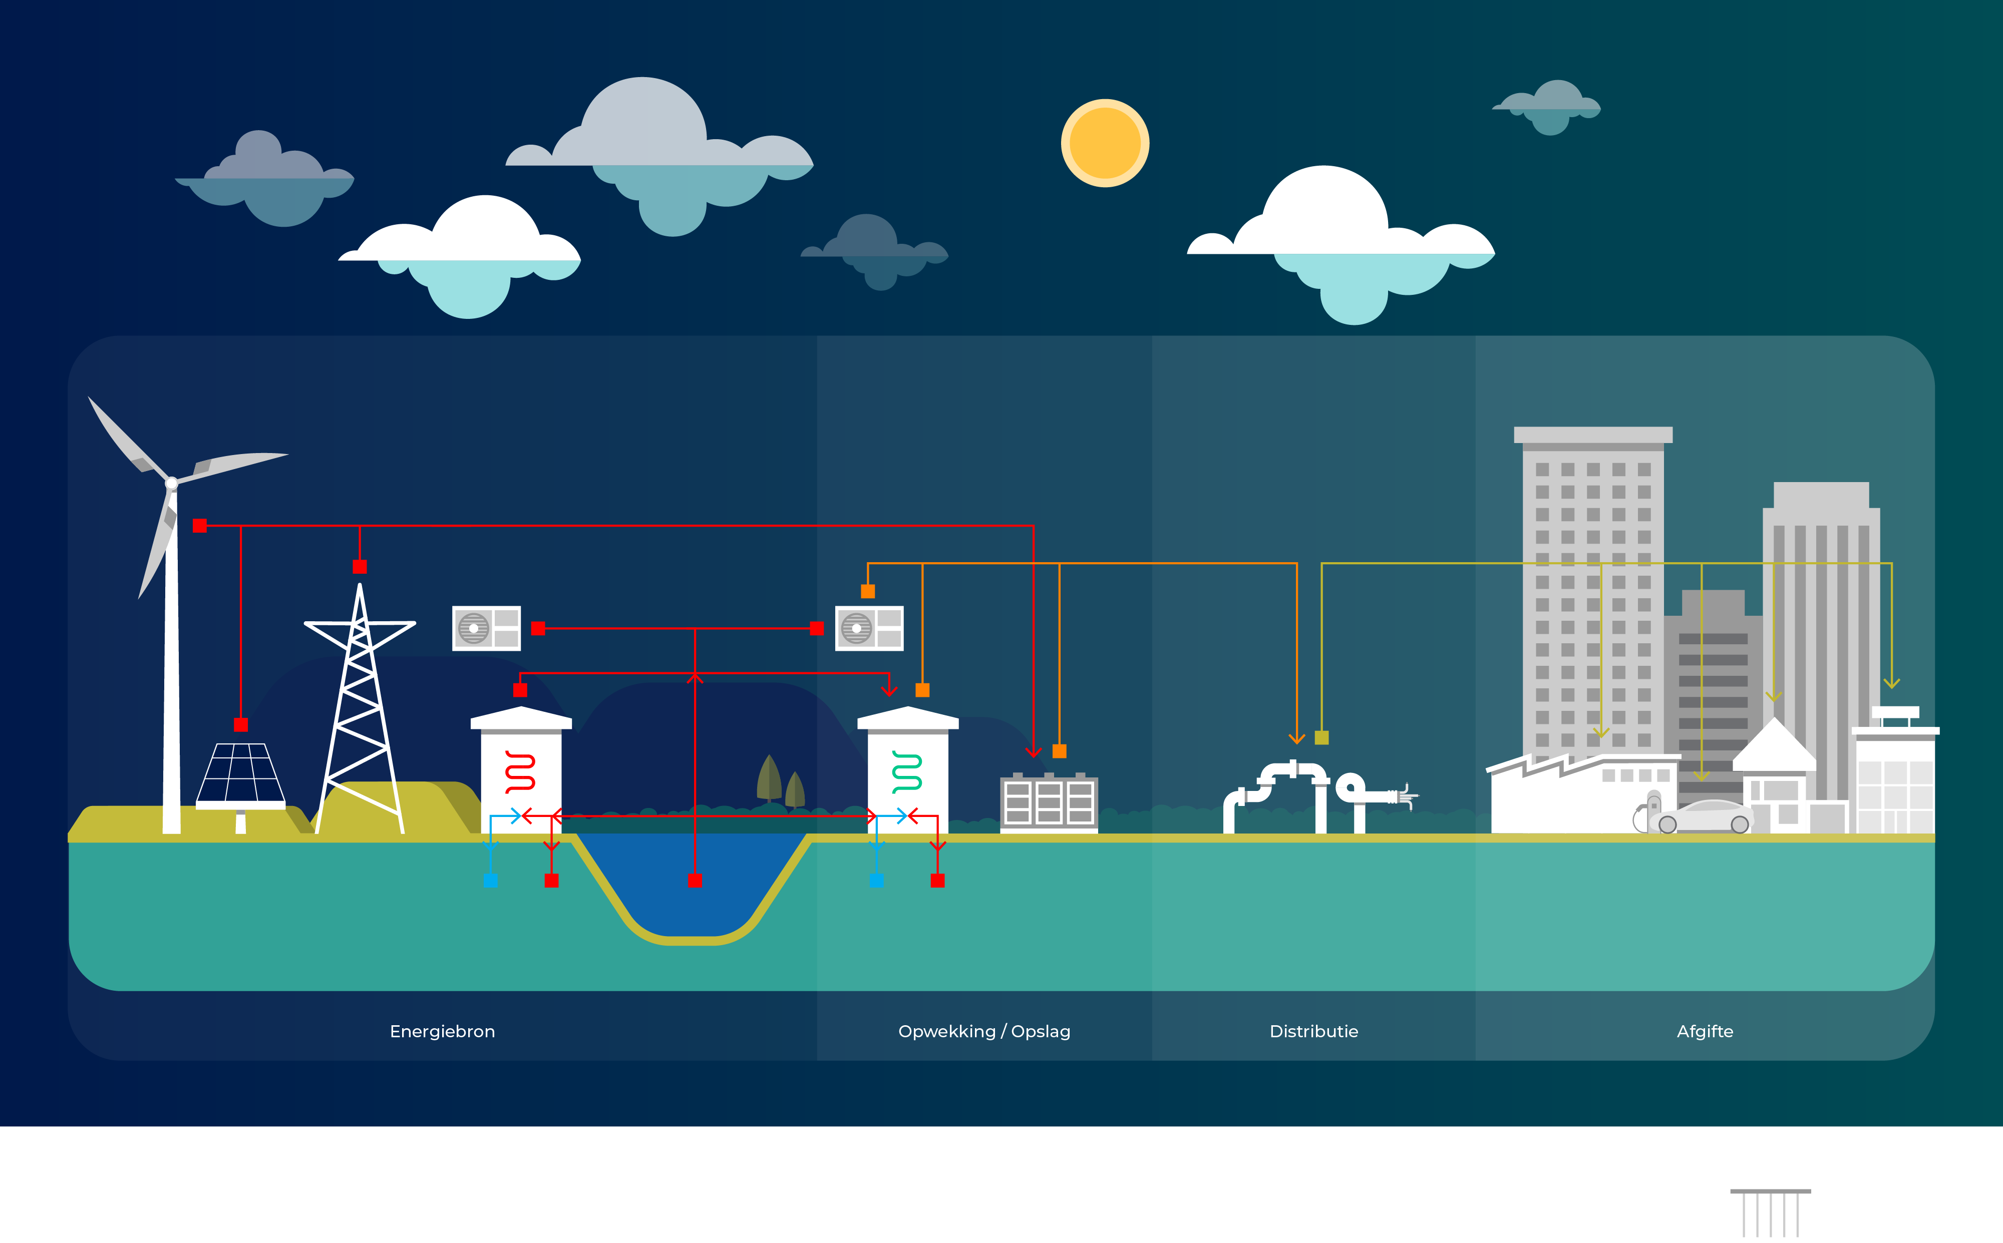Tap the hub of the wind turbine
point(172,483)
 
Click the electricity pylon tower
point(360,707)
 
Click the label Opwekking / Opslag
point(984,1032)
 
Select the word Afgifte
point(1705,1032)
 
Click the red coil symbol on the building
point(520,772)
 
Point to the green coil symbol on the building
point(907,772)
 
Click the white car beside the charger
point(1701,817)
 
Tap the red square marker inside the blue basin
point(695,881)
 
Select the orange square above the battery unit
point(1059,750)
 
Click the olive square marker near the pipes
point(1321,737)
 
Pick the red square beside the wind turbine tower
point(199,525)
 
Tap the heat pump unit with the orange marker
point(869,628)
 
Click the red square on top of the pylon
point(360,566)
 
